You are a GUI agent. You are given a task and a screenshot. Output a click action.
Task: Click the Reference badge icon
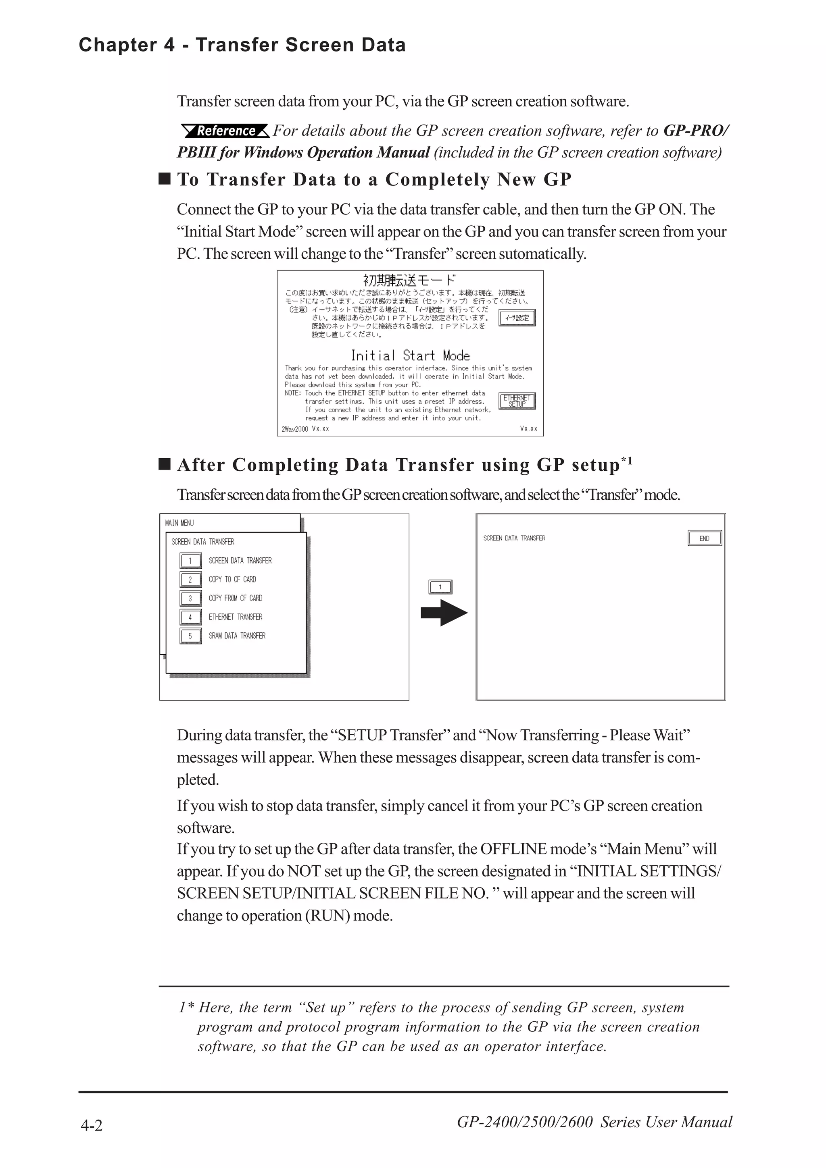click(225, 131)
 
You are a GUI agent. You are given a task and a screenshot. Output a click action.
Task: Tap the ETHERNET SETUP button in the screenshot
click(517, 401)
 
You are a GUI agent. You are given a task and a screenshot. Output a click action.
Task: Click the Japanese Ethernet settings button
click(517, 318)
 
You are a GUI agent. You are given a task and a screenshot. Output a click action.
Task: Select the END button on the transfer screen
click(704, 538)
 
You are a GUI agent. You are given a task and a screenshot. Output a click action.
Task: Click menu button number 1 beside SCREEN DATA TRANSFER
click(190, 561)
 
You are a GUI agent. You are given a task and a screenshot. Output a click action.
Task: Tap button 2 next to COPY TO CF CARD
click(190, 580)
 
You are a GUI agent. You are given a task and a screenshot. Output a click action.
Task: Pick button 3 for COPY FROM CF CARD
click(190, 598)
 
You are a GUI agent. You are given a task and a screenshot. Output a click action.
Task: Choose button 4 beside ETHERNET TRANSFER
click(190, 617)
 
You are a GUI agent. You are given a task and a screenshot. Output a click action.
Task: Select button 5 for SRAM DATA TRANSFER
click(190, 636)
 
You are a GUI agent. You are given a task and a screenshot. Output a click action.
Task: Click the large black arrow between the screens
click(444, 613)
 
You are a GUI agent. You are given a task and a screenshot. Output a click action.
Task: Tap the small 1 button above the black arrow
click(440, 587)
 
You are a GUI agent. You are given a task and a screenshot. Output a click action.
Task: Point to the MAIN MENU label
click(179, 523)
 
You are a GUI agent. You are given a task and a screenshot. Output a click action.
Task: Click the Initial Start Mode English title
click(410, 355)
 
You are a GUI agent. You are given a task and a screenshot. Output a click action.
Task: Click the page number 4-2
click(92, 1125)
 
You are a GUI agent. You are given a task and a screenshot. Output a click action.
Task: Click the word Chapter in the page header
click(118, 45)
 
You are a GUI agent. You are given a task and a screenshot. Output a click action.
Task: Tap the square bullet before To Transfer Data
click(165, 179)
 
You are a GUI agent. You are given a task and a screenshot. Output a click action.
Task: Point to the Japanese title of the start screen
click(410, 280)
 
